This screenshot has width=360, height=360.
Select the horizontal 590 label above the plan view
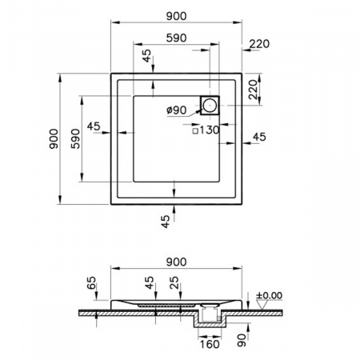coord(176,38)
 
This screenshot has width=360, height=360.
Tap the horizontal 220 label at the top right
coord(259,44)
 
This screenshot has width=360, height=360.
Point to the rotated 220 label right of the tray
coord(252,90)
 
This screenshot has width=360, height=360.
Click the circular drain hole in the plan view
coord(210,104)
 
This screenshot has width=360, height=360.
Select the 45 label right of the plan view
coord(260,137)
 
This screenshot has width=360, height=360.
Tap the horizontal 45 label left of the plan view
coord(93,126)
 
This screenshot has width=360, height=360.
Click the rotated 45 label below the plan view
coord(166,222)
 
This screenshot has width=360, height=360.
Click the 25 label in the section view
coord(175,281)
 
